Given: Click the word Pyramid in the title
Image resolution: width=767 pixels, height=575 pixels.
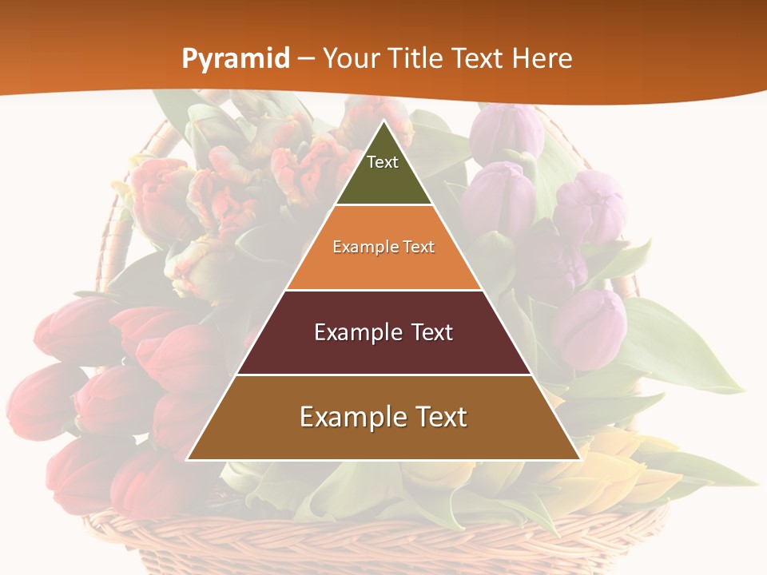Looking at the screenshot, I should pos(236,59).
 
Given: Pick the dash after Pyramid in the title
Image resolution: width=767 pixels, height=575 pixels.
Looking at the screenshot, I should pos(306,59).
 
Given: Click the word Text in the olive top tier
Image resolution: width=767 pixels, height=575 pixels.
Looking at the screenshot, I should pos(383,162).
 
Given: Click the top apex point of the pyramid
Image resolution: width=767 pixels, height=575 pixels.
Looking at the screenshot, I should pos(383,121).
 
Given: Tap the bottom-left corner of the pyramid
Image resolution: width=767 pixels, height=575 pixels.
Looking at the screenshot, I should pos(187,460).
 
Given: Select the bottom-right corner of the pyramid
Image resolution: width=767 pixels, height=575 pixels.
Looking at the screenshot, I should pos(580,460).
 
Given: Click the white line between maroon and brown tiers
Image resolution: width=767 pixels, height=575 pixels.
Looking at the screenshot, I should pos(383,375).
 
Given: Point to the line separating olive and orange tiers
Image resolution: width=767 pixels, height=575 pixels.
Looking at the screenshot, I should pos(383,205).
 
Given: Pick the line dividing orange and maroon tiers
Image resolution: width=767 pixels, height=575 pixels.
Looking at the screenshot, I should pos(383,290).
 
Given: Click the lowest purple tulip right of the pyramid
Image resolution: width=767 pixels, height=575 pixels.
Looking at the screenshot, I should pos(589,327).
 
